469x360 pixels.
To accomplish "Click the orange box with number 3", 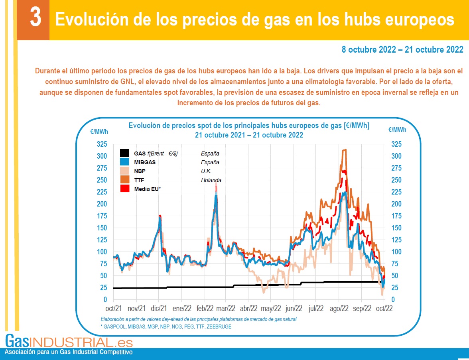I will click(35, 19).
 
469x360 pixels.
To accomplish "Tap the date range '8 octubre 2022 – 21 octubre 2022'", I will click(402, 50).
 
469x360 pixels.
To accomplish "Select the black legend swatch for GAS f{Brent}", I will click(124, 153).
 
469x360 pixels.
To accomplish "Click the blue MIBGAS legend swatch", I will click(124, 162).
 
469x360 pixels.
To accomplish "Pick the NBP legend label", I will click(140, 171).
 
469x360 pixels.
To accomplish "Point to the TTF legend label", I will click(139, 180).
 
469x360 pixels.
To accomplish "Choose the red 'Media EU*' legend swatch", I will click(124, 189).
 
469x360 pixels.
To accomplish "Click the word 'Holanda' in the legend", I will click(211, 180).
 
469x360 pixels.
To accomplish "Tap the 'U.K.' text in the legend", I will click(206, 171).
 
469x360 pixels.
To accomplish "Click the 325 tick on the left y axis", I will click(102, 144).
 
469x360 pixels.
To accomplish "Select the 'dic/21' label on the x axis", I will click(159, 308).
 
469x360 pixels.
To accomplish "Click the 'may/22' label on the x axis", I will click(271, 308).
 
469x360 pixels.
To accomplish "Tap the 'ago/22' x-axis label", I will click(339, 308).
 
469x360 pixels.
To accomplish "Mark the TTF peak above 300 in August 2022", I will click(344, 150).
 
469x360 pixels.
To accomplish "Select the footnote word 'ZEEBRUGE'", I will click(219, 327).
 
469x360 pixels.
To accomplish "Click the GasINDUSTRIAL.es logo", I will click(69, 342).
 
